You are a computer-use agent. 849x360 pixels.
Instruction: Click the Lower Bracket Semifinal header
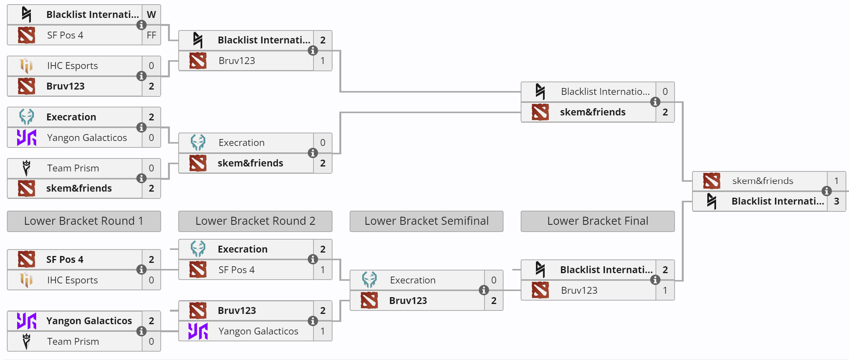click(426, 221)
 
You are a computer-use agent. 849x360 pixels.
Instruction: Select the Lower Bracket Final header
click(597, 221)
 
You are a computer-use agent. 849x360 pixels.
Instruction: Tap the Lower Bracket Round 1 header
click(84, 221)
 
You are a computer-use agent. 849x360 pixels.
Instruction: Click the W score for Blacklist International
click(151, 14)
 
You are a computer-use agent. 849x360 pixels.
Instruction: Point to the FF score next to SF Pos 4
click(151, 35)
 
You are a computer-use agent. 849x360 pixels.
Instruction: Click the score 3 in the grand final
click(836, 201)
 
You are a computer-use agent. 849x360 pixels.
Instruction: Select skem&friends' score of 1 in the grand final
click(836, 181)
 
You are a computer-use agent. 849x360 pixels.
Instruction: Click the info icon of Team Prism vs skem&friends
click(141, 178)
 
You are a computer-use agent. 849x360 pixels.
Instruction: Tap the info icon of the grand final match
click(827, 191)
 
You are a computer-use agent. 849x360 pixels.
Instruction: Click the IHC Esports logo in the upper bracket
click(26, 66)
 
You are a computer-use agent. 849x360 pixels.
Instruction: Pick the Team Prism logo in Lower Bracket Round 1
click(26, 341)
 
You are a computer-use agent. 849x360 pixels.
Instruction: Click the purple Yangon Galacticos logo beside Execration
click(26, 138)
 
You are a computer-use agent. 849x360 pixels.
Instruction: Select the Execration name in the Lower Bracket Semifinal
click(413, 280)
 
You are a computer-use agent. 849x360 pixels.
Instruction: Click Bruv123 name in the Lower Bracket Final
click(579, 290)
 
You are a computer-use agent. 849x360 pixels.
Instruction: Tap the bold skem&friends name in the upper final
click(593, 112)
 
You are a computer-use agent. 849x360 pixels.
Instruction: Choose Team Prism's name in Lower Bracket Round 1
click(73, 341)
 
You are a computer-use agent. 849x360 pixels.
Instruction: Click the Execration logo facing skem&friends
click(198, 142)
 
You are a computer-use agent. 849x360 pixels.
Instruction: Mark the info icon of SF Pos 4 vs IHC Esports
click(141, 270)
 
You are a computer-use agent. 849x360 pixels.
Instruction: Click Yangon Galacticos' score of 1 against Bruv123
click(323, 331)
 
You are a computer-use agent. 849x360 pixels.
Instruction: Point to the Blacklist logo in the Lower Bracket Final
click(540, 269)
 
